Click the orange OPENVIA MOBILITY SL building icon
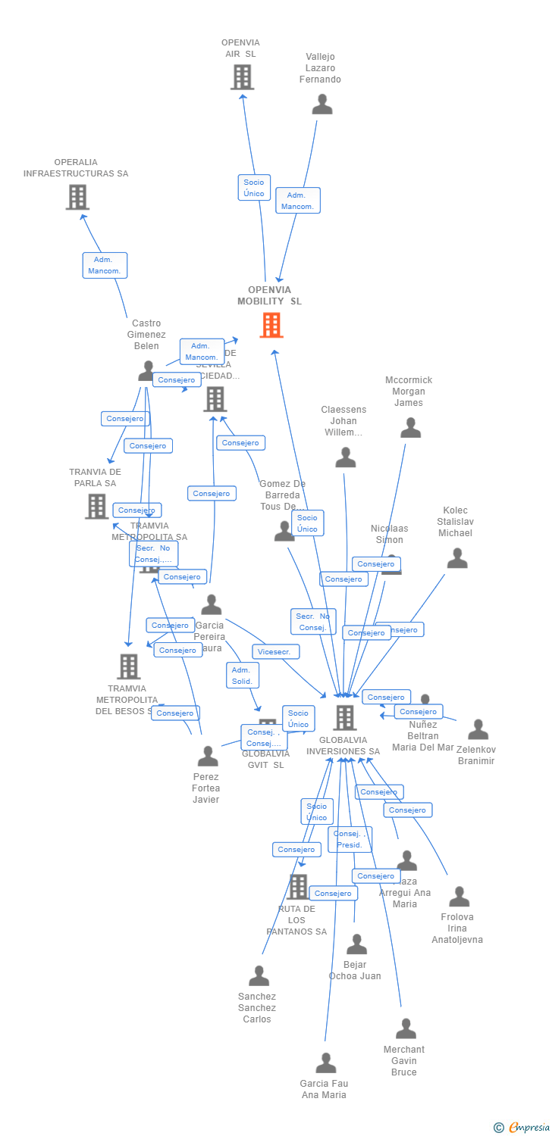tap(271, 325)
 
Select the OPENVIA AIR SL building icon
tap(242, 77)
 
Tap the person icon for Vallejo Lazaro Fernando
tap(322, 105)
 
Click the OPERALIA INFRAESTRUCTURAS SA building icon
tap(77, 197)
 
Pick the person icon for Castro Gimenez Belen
tap(147, 370)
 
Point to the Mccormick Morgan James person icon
tap(410, 429)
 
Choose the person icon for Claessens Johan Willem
tap(346, 457)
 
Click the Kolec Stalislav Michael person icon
tap(457, 558)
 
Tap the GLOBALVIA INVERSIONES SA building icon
tap(345, 717)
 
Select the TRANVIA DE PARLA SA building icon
tap(97, 506)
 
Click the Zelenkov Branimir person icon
tap(478, 729)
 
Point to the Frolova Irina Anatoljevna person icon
tap(459, 897)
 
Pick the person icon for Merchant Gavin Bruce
tap(406, 1028)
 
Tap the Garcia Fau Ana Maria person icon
tap(326, 1063)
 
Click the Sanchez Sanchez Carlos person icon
tap(259, 975)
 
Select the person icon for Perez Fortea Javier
tap(208, 756)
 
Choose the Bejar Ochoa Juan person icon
tap(356, 944)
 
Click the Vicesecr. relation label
tap(276, 651)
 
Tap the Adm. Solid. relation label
tap(243, 676)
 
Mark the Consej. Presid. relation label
tap(350, 839)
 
